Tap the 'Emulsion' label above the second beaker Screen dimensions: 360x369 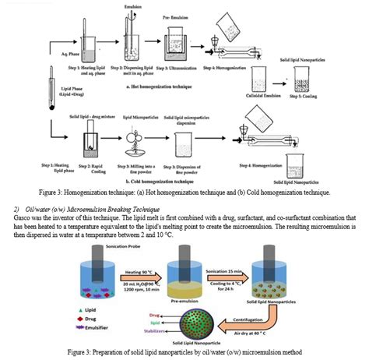[x=133, y=6]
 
